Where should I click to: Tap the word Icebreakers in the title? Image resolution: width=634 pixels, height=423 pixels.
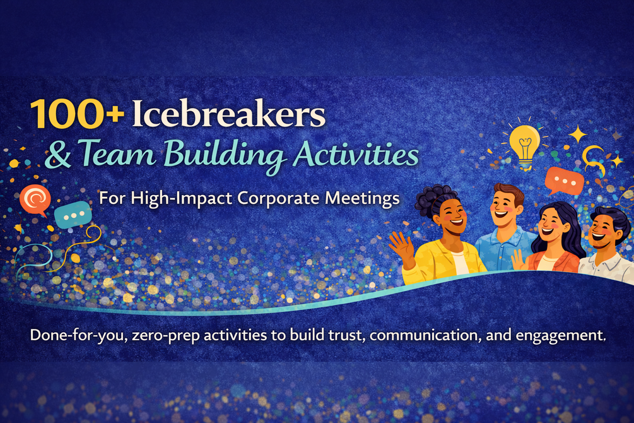[229, 114]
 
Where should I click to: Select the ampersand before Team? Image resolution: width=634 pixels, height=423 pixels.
[58, 155]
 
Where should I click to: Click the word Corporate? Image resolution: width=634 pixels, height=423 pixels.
[278, 199]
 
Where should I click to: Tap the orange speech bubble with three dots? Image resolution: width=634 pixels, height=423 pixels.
[565, 181]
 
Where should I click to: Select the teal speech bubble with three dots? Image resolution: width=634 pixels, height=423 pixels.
[73, 215]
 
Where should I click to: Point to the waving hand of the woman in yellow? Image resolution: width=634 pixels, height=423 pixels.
[401, 247]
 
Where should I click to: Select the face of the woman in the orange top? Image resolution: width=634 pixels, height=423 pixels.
[551, 227]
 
